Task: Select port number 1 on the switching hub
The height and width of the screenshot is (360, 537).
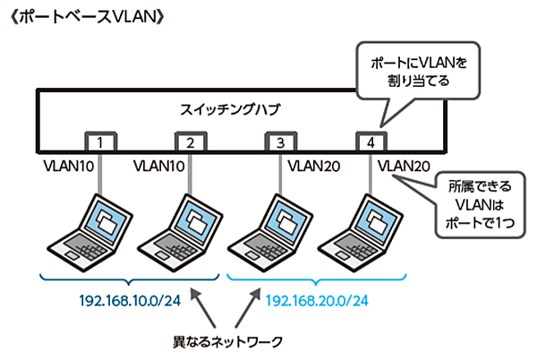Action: point(103,142)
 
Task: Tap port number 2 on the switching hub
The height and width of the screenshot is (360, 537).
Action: point(191,142)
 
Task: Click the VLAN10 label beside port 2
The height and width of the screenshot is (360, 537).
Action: point(158,166)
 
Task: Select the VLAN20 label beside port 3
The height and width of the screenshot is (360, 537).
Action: point(313,166)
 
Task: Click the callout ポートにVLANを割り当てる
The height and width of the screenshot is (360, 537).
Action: point(413,71)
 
